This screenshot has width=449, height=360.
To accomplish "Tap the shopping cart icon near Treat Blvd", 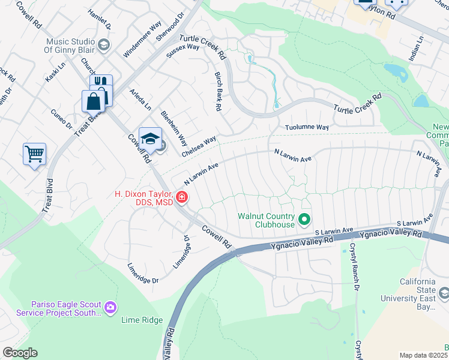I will (x=34, y=154).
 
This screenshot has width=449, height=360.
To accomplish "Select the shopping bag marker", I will (x=94, y=101).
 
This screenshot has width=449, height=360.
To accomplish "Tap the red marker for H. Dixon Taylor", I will (x=181, y=197).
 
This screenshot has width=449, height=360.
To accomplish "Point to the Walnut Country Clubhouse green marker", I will (x=304, y=219).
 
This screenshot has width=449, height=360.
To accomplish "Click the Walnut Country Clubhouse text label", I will (x=266, y=220).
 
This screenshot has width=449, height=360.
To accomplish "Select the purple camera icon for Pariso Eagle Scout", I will (x=110, y=307).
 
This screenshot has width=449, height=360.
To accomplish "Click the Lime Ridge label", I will (x=142, y=320).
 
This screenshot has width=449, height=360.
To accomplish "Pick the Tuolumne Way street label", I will (x=307, y=128).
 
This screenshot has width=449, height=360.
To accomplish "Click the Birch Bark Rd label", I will (x=218, y=92).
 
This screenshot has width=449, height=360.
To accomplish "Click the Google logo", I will (x=20, y=353).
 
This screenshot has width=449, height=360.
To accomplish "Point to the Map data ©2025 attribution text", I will (x=423, y=355).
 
